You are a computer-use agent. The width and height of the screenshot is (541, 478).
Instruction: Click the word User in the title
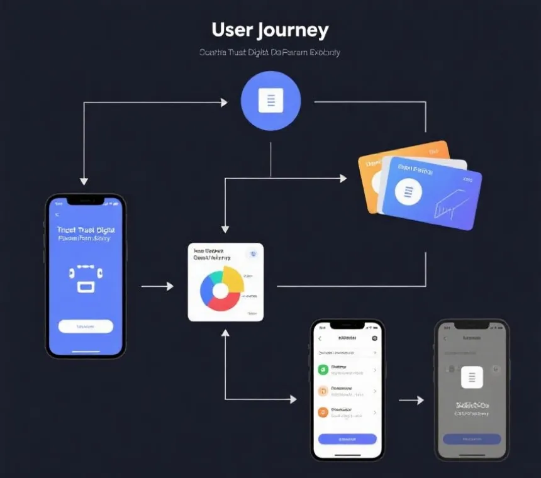coord(232,30)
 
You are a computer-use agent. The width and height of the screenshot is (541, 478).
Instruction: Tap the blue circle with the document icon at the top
coord(271,101)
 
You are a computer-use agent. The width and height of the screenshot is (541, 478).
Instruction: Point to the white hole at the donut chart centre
coord(220,290)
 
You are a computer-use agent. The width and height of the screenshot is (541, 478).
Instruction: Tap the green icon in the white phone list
coord(323,370)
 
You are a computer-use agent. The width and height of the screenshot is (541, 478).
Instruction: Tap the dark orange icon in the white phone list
coord(323,413)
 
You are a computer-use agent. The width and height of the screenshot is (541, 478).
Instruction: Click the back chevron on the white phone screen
coord(320,338)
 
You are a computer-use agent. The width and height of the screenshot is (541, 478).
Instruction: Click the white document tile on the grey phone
coord(472,377)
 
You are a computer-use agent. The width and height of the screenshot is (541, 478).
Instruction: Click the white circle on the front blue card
coord(408,191)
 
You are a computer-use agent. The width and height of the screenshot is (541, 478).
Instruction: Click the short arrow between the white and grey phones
coord(411,400)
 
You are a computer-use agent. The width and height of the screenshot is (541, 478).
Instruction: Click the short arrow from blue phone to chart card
coord(157,286)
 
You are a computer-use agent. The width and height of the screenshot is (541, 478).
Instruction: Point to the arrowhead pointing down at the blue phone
coord(84,181)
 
